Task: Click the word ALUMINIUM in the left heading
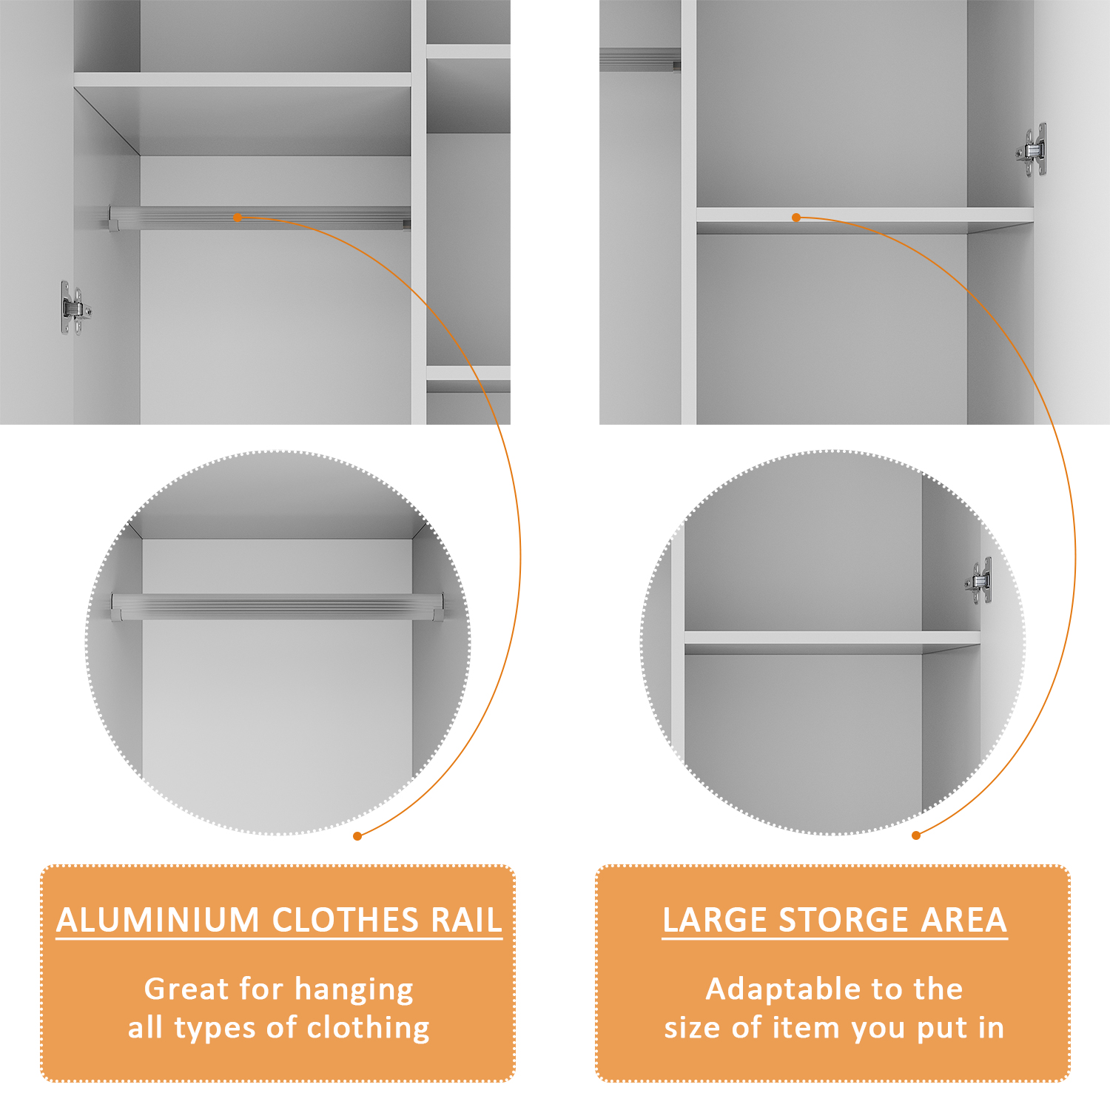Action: [x=158, y=920]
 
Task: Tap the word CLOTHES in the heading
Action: [x=346, y=920]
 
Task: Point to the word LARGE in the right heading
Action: [x=715, y=920]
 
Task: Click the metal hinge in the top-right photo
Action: [x=1032, y=150]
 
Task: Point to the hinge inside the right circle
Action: [x=978, y=581]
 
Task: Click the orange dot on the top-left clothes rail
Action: [x=238, y=218]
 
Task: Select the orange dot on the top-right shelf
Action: [x=796, y=218]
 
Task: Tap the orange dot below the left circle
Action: [x=357, y=835]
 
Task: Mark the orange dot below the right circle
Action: [x=916, y=835]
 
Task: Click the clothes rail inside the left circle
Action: [x=277, y=607]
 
